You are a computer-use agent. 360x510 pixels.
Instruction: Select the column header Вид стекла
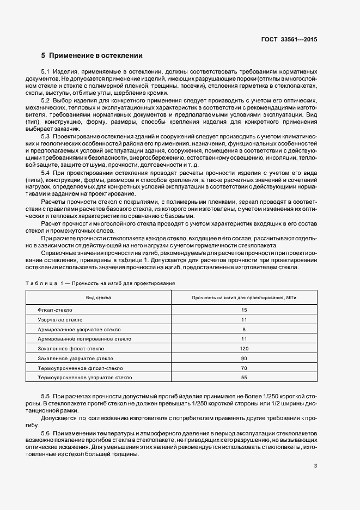coord(99,297)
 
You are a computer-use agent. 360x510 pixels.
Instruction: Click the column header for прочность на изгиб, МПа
coord(244,297)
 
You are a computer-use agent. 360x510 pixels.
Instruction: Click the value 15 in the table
coord(244,309)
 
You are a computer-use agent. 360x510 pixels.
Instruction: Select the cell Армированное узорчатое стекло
coord(80,329)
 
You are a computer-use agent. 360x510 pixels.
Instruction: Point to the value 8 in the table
coord(244,329)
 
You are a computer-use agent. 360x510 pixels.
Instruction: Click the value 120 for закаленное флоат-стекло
coord(244,348)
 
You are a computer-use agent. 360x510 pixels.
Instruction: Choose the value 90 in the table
coord(244,358)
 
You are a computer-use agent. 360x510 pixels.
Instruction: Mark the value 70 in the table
coord(244,368)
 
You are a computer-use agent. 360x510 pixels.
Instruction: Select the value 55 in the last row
coord(244,377)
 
